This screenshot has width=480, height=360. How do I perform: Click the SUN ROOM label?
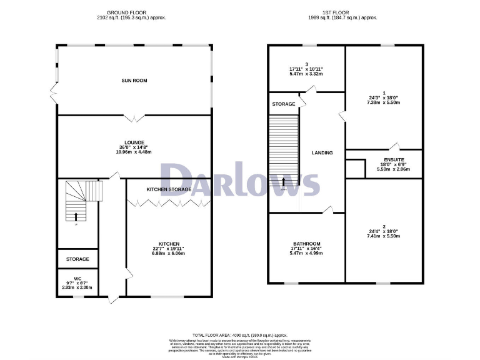point(134,81)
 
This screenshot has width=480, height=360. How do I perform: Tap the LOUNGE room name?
point(134,142)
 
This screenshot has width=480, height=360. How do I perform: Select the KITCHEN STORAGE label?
point(169,189)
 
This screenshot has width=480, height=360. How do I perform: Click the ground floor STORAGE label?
point(78,259)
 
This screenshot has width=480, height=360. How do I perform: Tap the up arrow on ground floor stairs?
point(77,216)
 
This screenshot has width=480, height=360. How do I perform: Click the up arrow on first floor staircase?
point(284,182)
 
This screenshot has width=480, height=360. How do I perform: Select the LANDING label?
point(322,152)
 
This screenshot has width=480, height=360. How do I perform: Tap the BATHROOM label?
point(307,244)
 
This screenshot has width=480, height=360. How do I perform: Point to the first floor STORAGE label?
point(284,104)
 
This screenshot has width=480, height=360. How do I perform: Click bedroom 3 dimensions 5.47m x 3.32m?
point(306,74)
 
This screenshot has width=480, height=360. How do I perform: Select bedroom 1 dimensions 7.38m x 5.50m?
point(384,104)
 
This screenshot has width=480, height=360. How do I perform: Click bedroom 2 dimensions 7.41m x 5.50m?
point(384,236)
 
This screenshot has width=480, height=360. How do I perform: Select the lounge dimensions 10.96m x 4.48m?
point(134,152)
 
